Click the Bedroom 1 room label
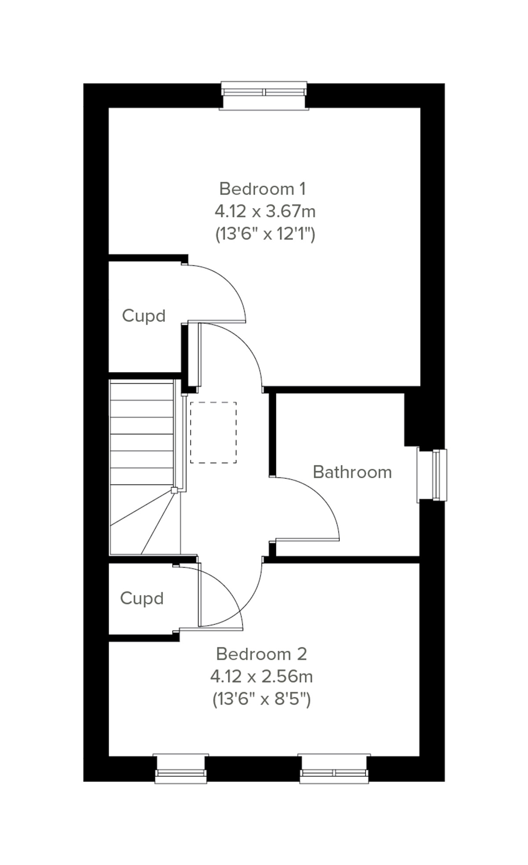click(263, 189)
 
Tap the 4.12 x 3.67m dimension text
click(265, 212)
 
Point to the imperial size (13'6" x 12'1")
click(265, 234)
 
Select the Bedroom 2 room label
click(261, 654)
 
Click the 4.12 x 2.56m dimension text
click(261, 676)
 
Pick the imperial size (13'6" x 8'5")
click(261, 699)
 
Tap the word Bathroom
click(352, 472)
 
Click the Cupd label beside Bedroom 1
click(143, 316)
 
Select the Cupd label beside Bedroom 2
click(142, 598)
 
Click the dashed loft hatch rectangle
click(213, 432)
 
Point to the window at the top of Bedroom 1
click(264, 95)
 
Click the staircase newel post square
click(174, 490)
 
